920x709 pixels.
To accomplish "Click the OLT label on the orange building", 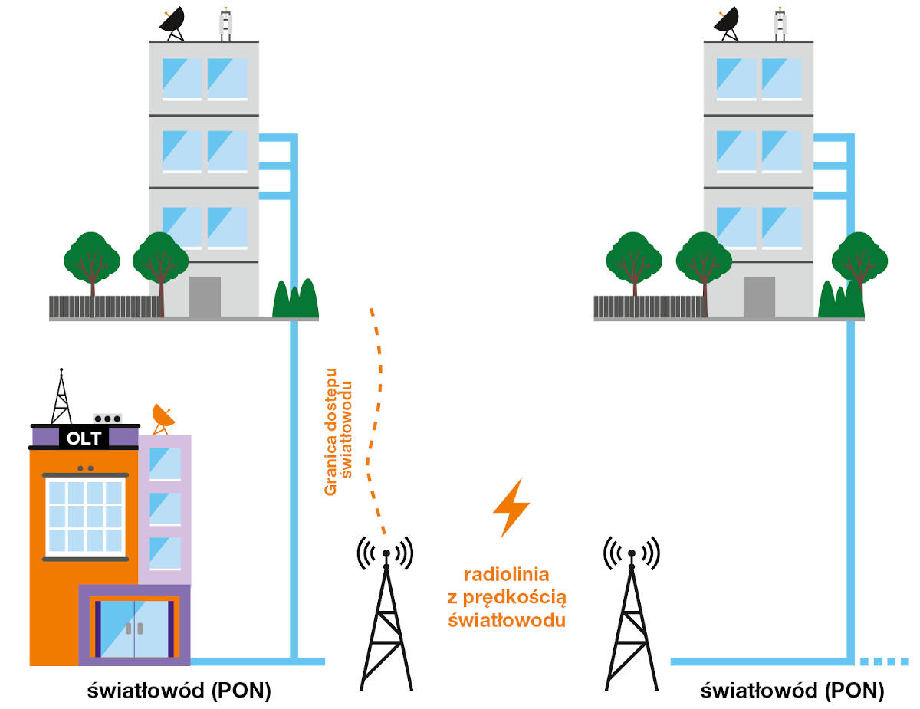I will (x=84, y=438).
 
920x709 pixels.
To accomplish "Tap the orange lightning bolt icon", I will (x=511, y=507).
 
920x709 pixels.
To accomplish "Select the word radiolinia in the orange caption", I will (x=506, y=574).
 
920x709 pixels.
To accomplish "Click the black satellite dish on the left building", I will (x=172, y=22).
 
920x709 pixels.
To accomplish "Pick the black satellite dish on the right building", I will (x=726, y=21).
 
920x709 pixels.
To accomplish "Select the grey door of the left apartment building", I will (x=205, y=296).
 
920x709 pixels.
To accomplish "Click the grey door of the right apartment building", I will (x=759, y=296).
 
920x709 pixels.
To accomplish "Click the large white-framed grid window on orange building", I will (x=84, y=517).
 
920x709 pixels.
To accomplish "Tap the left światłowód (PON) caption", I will (x=179, y=691).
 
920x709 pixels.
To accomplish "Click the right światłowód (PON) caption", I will (x=792, y=691).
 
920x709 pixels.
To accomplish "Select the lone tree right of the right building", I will (x=859, y=261).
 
